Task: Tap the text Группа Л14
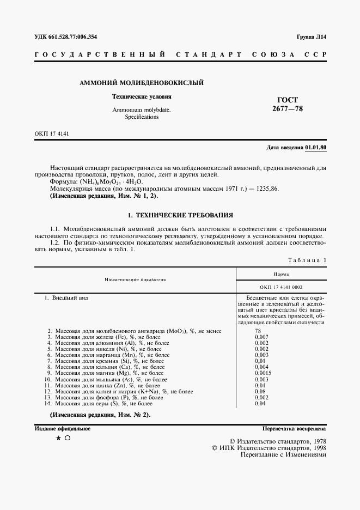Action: (311, 37)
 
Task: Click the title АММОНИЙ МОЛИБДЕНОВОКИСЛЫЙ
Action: (142, 83)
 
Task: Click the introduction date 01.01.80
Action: (315, 148)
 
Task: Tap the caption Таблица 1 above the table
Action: (308, 260)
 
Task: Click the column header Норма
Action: (281, 274)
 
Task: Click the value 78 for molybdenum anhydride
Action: (258, 331)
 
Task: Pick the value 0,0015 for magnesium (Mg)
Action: (263, 373)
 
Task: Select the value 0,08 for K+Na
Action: (260, 391)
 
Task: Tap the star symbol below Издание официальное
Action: (58, 438)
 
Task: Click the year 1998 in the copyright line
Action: (315, 447)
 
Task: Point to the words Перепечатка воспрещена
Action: (294, 429)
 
